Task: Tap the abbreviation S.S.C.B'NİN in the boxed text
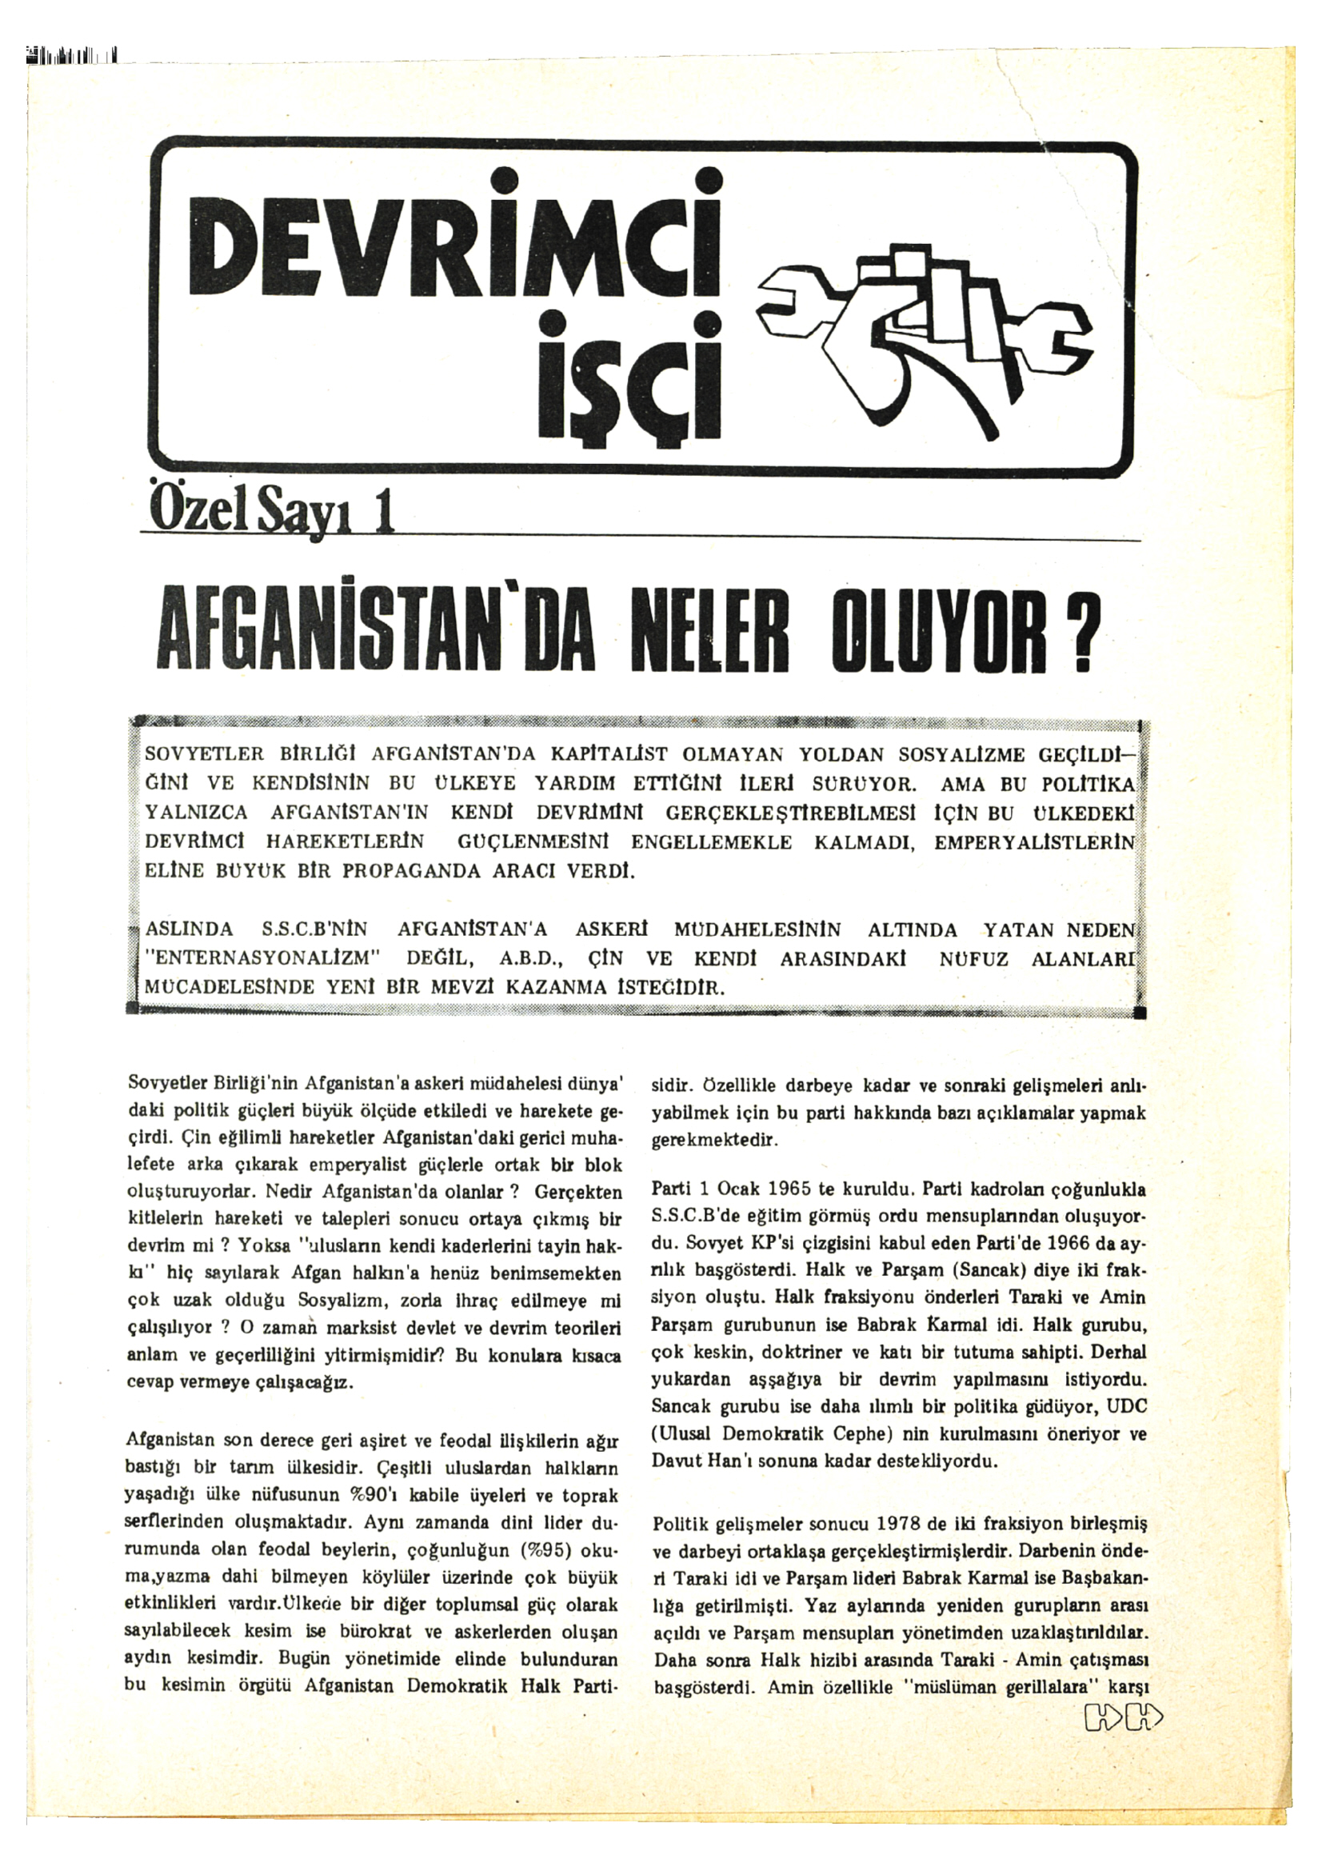coord(314,930)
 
